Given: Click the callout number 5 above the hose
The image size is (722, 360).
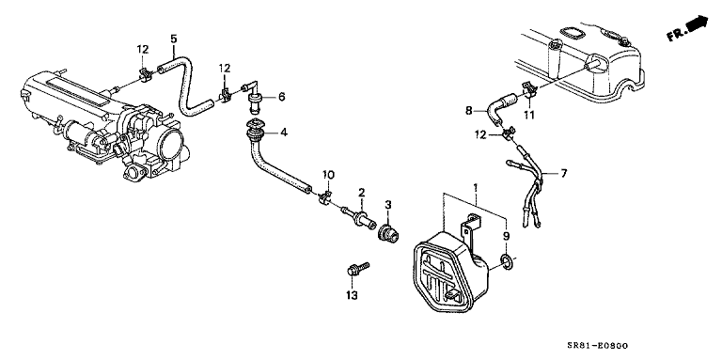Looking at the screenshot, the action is pyautogui.click(x=173, y=39).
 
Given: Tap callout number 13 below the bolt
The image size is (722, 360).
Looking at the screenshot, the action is pyautogui.click(x=352, y=295).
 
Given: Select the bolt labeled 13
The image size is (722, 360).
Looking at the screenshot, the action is pyautogui.click(x=357, y=270).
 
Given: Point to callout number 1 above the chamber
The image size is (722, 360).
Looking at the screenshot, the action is pyautogui.click(x=476, y=187).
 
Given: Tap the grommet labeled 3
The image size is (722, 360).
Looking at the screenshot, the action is pyautogui.click(x=386, y=233).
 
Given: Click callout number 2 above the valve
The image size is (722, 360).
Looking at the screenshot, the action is pyautogui.click(x=362, y=192).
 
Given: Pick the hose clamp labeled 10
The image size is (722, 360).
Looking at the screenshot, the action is pyautogui.click(x=326, y=198).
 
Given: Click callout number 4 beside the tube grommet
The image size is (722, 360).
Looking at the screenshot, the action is pyautogui.click(x=284, y=133).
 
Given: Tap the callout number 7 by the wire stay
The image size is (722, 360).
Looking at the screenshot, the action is pyautogui.click(x=564, y=174).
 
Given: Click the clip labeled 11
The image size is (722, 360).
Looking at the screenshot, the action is pyautogui.click(x=527, y=89).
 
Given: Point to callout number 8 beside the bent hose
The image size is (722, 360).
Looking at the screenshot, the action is pyautogui.click(x=469, y=111).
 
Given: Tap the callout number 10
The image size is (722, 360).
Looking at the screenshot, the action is pyautogui.click(x=328, y=175).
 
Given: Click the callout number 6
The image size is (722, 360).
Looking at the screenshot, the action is pyautogui.click(x=281, y=97).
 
